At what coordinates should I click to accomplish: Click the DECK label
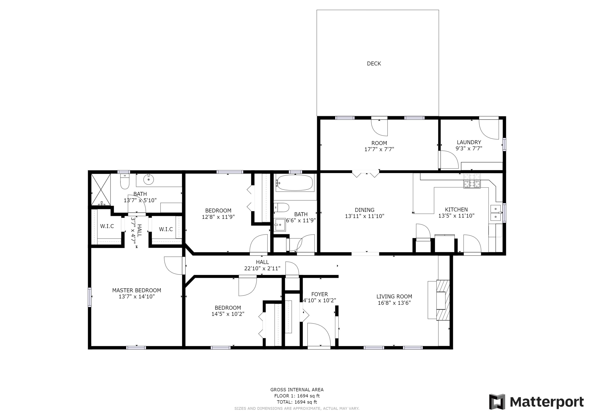coord(374,64)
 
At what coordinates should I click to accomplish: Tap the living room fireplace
coord(443,300)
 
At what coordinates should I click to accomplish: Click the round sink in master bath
coord(149,179)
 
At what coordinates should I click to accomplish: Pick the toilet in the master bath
coord(125,182)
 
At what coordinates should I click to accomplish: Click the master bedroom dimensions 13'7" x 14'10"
coord(137,297)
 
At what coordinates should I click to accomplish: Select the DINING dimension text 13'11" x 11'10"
coord(364,216)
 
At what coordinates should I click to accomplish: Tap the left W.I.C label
coord(107,226)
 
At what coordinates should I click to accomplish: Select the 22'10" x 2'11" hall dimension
coord(262,268)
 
